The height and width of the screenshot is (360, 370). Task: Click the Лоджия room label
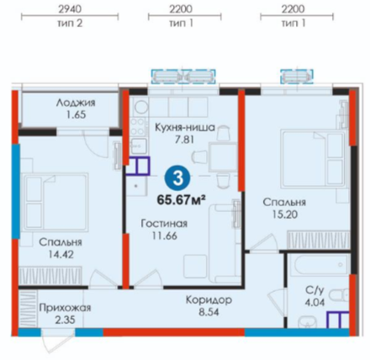(x=76, y=103)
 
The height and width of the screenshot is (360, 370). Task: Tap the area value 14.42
(x=61, y=254)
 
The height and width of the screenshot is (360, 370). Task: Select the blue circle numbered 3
(x=177, y=178)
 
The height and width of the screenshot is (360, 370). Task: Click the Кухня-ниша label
(x=185, y=128)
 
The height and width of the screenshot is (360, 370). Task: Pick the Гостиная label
(x=164, y=224)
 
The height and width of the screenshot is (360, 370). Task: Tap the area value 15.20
(x=285, y=214)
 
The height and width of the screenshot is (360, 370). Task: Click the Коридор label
(x=209, y=300)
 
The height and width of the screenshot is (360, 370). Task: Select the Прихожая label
(x=65, y=308)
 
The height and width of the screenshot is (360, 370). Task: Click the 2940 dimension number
(x=70, y=9)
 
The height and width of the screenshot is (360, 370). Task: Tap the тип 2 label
(x=70, y=24)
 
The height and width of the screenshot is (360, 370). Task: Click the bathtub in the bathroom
(x=320, y=265)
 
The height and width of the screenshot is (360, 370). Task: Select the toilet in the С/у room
(x=340, y=298)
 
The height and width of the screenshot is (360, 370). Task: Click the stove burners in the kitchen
(x=138, y=126)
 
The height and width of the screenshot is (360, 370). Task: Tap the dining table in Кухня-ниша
(x=223, y=156)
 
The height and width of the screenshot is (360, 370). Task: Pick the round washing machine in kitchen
(x=140, y=107)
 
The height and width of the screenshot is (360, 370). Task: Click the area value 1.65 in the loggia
(x=76, y=114)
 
